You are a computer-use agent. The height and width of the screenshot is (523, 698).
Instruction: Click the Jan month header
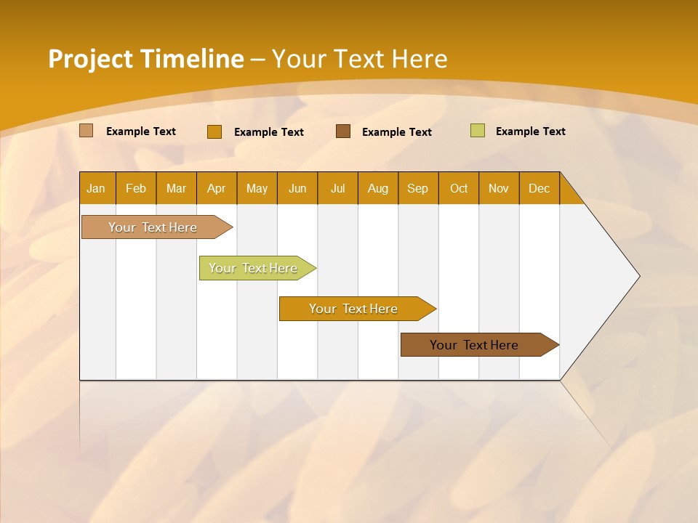96,188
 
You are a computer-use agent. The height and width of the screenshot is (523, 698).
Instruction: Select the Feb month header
136,188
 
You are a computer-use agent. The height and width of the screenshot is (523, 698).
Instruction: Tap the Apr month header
216,188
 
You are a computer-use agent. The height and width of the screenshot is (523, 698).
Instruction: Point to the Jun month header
297,188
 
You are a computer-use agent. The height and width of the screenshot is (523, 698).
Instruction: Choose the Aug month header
377,188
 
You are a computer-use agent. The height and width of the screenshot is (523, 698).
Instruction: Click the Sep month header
417,188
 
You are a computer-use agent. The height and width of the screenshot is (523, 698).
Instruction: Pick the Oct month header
459,188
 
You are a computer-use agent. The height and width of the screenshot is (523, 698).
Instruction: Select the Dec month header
539,188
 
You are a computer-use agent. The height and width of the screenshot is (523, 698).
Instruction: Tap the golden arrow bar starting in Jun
354,309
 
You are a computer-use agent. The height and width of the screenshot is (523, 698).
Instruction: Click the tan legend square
87,131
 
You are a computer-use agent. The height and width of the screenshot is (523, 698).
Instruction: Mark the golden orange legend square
214,131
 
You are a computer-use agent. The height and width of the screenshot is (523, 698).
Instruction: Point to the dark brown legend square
343,131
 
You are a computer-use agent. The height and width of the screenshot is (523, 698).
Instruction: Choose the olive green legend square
478,131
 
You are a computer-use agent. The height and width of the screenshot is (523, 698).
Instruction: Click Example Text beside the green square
530,131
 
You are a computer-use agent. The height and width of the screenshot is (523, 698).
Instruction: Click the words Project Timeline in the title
146,59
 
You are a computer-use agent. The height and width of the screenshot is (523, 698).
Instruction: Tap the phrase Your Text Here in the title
359,59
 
